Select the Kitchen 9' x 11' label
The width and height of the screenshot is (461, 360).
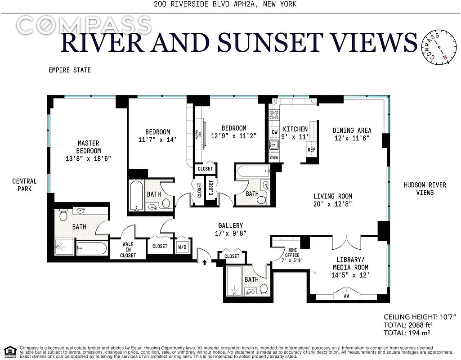(295, 133)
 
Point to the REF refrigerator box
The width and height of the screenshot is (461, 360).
(311, 150)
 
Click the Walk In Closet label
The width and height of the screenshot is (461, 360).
(128, 249)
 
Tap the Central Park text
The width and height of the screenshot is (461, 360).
(24, 185)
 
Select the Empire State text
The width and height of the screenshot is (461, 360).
(70, 70)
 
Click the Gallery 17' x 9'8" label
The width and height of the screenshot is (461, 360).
(231, 229)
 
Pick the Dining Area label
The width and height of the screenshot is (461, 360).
(352, 134)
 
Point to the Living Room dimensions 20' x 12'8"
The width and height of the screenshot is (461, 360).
(332, 203)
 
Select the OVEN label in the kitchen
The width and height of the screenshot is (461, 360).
(274, 158)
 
